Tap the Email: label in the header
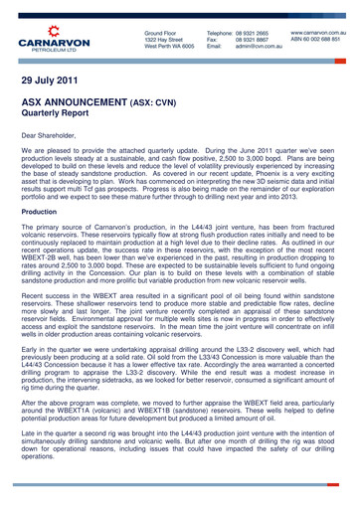pyautogui.click(x=214, y=47)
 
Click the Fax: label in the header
pyautogui.click(x=212, y=40)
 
